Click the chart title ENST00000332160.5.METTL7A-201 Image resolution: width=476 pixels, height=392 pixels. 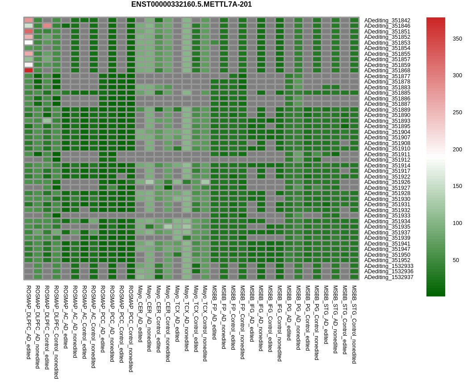pyautogui.click(x=191, y=4)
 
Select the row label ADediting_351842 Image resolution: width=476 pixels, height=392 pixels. pyautogui.click(x=387, y=21)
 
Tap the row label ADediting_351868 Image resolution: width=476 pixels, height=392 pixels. pyautogui.click(x=387, y=71)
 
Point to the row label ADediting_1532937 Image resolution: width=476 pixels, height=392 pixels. pyautogui.click(x=388, y=277)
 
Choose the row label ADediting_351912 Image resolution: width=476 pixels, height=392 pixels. pyautogui.click(x=387, y=160)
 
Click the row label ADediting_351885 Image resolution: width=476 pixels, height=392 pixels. pyautogui.click(x=387, y=93)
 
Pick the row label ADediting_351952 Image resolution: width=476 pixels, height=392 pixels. pyautogui.click(x=387, y=260)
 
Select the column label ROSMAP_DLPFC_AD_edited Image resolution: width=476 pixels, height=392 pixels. pyautogui.click(x=29, y=316)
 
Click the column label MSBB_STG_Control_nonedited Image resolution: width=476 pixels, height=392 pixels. pyautogui.click(x=354, y=325)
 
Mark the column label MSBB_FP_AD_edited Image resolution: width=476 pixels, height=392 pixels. pyautogui.click(x=214, y=313)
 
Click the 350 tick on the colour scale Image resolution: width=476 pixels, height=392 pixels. pyautogui.click(x=457, y=39)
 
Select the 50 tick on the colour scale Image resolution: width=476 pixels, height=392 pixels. pyautogui.click(x=456, y=260)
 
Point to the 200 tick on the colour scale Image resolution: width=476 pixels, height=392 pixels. pyautogui.click(x=457, y=150)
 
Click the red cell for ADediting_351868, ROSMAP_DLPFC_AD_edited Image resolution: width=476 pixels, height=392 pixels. pyautogui.click(x=29, y=70)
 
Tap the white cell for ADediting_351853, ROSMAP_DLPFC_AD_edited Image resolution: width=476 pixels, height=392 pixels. pyautogui.click(x=29, y=42)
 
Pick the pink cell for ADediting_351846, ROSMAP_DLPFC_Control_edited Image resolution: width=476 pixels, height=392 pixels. pyautogui.click(x=47, y=26)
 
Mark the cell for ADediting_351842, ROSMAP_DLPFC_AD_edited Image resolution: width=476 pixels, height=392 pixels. pyautogui.click(x=29, y=20)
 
